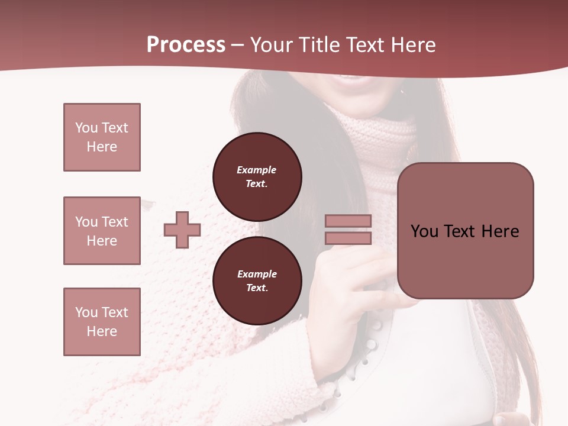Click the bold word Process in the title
186,45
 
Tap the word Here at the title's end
412,45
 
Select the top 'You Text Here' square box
102,137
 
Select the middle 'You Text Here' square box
102,231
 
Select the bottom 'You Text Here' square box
102,322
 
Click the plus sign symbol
182,230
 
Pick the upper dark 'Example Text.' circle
257,177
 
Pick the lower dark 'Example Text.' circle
257,281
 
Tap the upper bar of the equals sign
348,221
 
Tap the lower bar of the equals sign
348,238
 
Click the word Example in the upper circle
257,170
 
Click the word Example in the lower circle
257,274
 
